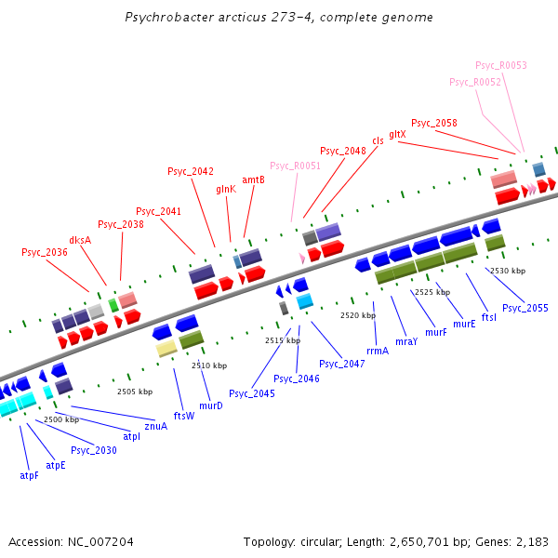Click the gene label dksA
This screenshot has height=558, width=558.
pyautogui.click(x=80, y=240)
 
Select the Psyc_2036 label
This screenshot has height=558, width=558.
pyautogui.click(x=45, y=252)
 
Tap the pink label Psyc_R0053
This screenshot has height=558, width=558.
pyautogui.click(x=501, y=65)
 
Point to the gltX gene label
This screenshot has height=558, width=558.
pyautogui.click(x=397, y=135)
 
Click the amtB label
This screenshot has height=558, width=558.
pyautogui.click(x=253, y=179)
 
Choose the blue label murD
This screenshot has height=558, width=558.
pyautogui.click(x=211, y=405)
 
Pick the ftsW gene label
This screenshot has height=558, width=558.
pyautogui.click(x=184, y=416)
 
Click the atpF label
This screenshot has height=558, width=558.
pyautogui.click(x=29, y=475)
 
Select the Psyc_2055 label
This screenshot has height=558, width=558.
pyautogui.click(x=525, y=308)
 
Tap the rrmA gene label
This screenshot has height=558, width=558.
pyautogui.click(x=378, y=351)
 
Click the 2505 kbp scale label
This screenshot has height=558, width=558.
pyautogui.click(x=135, y=392)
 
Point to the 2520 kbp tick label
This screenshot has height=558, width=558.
pyautogui.click(x=358, y=315)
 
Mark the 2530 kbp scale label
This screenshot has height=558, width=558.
pyautogui.click(x=508, y=271)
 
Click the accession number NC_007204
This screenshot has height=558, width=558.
pyautogui.click(x=100, y=542)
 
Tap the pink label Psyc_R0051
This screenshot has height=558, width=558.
pyautogui.click(x=296, y=166)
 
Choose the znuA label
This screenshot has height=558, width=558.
pyautogui.click(x=156, y=426)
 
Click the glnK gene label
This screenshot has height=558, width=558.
pyautogui.click(x=226, y=190)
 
